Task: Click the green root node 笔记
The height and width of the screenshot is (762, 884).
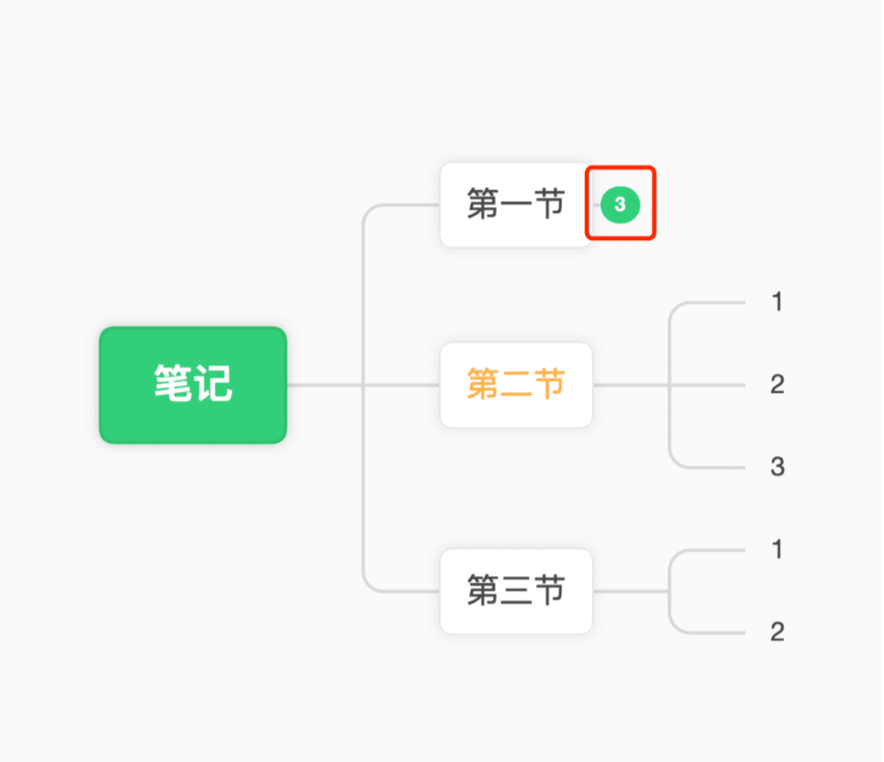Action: [193, 385]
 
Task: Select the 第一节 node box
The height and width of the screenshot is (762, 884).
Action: [516, 205]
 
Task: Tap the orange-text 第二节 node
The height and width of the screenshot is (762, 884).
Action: [516, 385]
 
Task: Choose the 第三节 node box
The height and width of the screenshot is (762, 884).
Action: [516, 591]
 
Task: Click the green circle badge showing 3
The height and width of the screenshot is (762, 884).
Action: [620, 204]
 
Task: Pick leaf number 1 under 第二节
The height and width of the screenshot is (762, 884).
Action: [778, 302]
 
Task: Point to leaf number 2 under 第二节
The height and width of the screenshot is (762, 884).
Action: [778, 385]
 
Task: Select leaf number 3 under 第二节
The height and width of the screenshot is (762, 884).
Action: [778, 466]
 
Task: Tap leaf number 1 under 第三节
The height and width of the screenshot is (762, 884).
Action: [778, 549]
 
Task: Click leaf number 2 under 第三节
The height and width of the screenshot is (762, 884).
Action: [778, 632]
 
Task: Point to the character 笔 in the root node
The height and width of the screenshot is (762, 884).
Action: [173, 383]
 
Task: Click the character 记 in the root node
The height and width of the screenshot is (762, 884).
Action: [213, 383]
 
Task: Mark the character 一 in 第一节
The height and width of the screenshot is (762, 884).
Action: [516, 204]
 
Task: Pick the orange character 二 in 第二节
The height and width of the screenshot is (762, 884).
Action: [516, 385]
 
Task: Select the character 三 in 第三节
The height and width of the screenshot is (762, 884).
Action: [516, 591]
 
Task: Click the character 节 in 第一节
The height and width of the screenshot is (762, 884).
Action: [549, 204]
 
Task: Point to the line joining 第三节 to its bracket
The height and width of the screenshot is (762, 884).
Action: [630, 591]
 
